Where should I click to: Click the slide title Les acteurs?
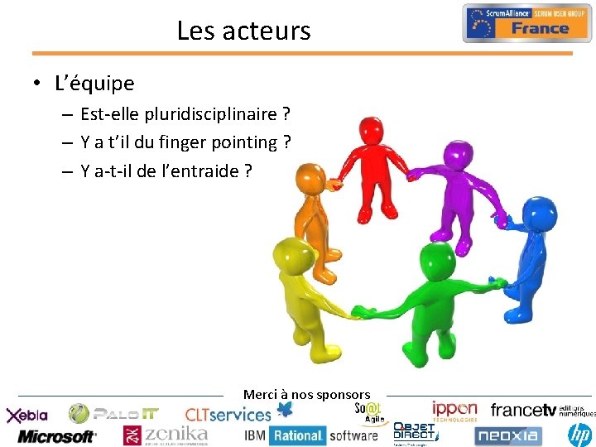click(243, 31)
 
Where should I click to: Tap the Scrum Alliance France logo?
click(527, 23)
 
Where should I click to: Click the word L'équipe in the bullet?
click(94, 84)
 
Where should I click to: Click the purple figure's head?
click(455, 153)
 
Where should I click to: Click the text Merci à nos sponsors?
click(306, 395)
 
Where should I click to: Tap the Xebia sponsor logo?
click(27, 415)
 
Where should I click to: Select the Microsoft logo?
click(57, 435)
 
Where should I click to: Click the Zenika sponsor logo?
click(166, 435)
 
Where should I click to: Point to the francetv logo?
click(523, 410)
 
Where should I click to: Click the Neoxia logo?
click(507, 435)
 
